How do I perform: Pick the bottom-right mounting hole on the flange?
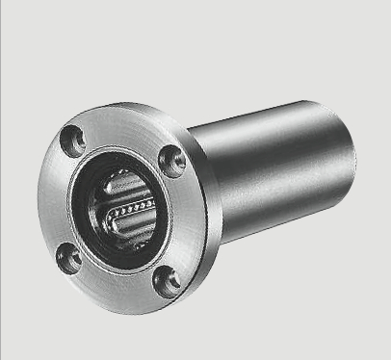[166, 279]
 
